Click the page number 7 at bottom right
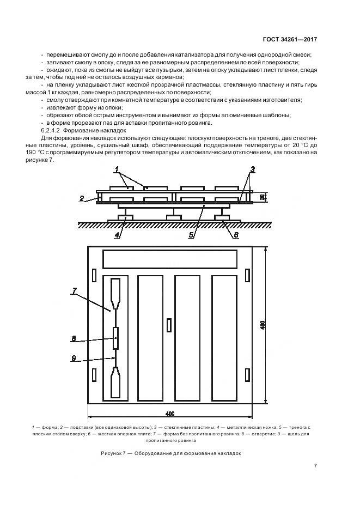pos(315,466)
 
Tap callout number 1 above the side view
pos(117,172)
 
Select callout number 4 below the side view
pos(116,235)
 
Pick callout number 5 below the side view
pos(192,235)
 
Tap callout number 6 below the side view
pos(236,235)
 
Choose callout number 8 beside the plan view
pos(74,338)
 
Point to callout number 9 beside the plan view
pos(74,358)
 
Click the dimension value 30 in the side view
pos(262,197)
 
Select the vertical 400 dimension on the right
pos(262,325)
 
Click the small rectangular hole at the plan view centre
pos(169,325)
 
